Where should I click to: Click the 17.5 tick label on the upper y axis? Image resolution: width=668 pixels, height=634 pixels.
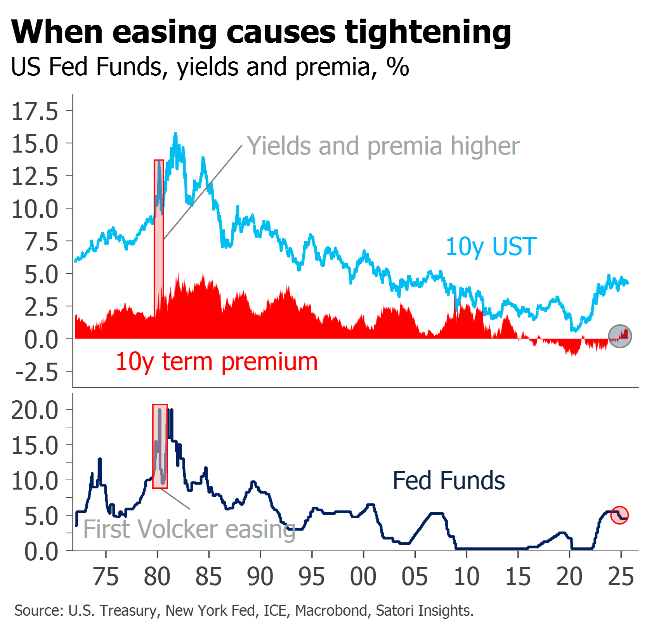(35, 111)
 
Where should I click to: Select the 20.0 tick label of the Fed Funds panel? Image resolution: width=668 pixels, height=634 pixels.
(35, 410)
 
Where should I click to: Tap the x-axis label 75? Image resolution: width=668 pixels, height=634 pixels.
(106, 577)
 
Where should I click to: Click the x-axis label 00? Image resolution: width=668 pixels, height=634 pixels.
(363, 577)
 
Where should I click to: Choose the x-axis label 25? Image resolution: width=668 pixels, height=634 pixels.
(621, 577)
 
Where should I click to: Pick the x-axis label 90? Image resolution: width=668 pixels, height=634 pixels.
(260, 577)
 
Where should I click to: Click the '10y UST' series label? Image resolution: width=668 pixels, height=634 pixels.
(491, 247)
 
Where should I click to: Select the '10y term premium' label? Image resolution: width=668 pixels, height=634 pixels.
(217, 362)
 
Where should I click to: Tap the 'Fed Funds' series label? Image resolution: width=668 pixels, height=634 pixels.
(449, 481)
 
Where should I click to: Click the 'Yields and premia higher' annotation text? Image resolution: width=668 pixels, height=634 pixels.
(383, 146)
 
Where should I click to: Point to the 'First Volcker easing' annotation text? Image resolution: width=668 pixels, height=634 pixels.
(189, 529)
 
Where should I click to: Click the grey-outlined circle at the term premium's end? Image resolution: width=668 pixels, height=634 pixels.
(620, 336)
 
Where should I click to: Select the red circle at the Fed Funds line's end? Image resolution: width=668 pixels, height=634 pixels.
(619, 516)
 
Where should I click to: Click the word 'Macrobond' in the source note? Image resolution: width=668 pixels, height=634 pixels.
(331, 611)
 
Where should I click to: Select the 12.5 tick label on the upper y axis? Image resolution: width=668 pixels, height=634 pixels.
(35, 177)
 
